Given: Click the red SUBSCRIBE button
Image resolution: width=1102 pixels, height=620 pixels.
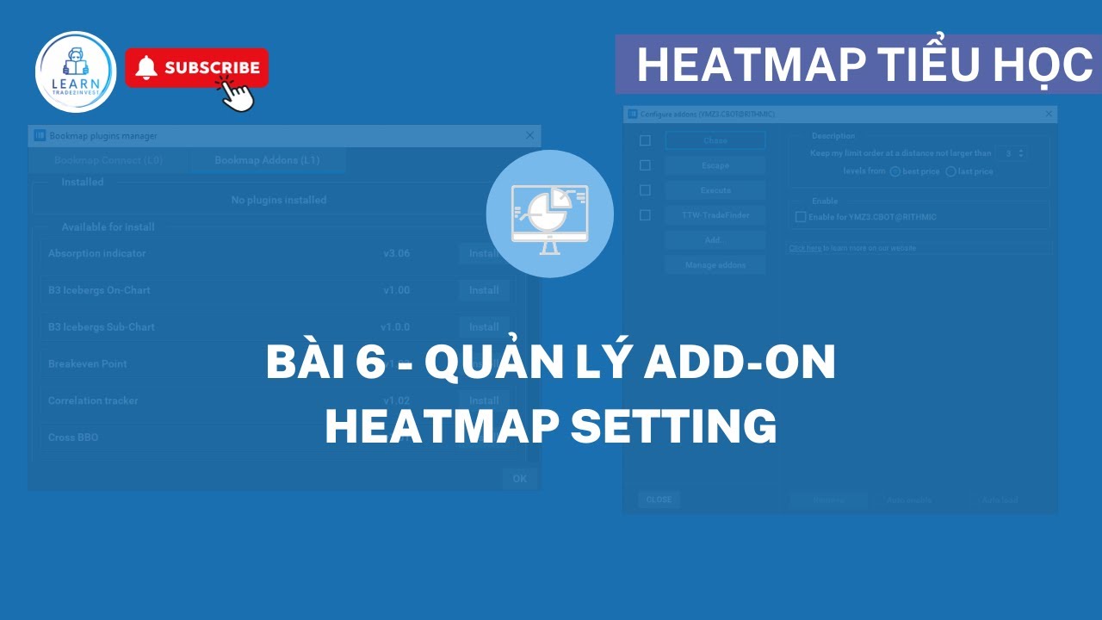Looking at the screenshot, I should click(197, 68).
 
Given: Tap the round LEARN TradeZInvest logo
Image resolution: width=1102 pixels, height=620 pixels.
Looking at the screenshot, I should click(76, 72).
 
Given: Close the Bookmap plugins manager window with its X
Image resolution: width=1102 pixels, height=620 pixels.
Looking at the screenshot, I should click(529, 135).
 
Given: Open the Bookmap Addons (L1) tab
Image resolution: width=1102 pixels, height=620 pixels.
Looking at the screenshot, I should click(268, 160).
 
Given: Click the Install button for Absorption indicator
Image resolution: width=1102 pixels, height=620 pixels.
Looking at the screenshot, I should click(484, 254).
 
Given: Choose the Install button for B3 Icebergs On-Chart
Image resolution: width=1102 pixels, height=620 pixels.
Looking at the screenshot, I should click(484, 290).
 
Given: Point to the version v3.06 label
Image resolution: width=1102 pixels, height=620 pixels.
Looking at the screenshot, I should click(397, 254).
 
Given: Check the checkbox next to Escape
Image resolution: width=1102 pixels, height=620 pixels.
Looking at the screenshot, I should click(645, 165).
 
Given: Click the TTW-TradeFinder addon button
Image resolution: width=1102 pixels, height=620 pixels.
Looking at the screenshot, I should click(715, 215).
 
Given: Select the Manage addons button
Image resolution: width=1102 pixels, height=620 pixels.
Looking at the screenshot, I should click(715, 265).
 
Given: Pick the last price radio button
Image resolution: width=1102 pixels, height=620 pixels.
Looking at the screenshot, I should click(950, 171).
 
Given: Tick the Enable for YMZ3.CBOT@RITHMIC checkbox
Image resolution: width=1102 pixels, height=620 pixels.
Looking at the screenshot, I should click(801, 217).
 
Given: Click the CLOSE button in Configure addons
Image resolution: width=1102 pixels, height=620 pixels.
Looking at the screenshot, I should click(659, 499).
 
